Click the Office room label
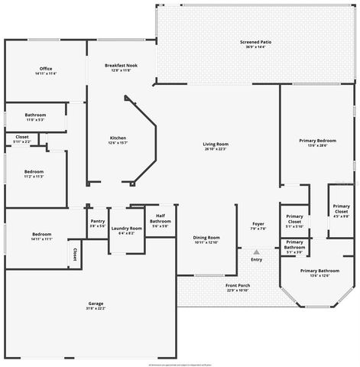46,69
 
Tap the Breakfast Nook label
120,66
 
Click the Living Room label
216,144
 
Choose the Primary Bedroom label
316,141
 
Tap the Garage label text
96,304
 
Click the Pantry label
97,221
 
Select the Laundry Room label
126,228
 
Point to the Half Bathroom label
161,219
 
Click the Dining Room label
206,237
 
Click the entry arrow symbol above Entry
256,252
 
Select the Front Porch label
238,285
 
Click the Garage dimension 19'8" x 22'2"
96,309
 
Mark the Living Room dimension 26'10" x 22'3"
216,149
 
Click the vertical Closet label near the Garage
75,253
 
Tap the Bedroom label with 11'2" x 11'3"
34,171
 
